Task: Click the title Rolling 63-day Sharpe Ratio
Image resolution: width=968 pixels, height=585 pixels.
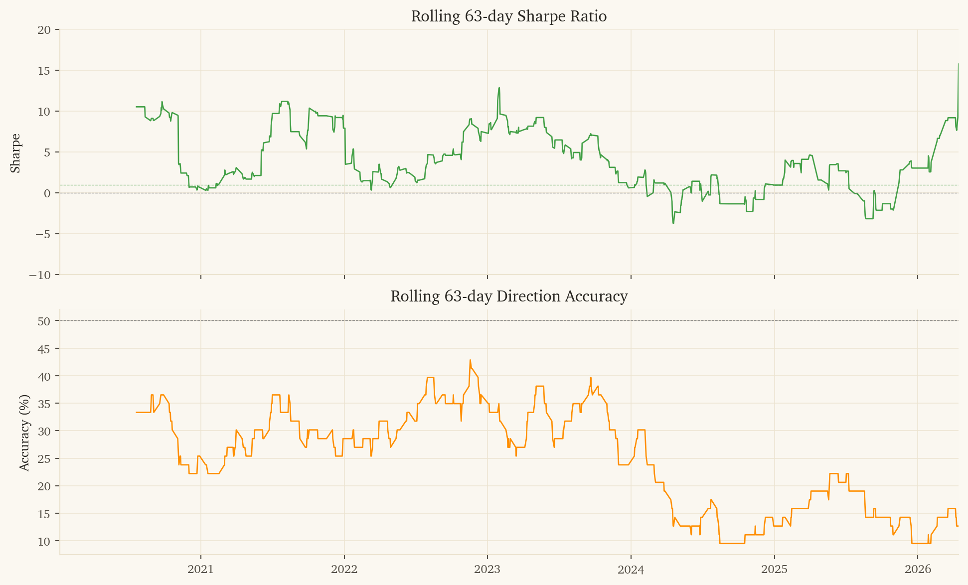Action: [508, 16]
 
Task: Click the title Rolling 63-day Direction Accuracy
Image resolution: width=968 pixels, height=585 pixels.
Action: [508, 296]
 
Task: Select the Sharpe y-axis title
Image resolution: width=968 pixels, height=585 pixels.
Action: [15, 153]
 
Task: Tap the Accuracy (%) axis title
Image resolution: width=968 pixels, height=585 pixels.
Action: [24, 433]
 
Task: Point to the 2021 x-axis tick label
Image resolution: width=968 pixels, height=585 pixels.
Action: [200, 570]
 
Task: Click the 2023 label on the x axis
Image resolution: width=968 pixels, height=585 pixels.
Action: [487, 570]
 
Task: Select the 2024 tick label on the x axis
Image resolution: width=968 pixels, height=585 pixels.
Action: [631, 570]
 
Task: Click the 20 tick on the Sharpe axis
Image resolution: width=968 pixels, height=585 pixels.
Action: [44, 30]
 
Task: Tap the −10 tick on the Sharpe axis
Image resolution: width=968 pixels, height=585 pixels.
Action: [40, 275]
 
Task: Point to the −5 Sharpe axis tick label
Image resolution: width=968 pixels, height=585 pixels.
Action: [42, 234]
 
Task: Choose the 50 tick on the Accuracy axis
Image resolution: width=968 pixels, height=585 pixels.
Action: [44, 321]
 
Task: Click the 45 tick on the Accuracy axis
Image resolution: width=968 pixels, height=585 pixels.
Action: [44, 349]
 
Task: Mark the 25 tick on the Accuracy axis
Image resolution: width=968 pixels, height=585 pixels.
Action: [44, 459]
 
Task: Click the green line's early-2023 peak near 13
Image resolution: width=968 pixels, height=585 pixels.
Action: [499, 88]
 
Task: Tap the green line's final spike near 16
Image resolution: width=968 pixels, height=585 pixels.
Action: [958, 64]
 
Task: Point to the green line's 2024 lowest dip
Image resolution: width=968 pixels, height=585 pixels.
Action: [673, 223]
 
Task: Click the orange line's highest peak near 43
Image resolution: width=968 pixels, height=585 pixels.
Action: [470, 360]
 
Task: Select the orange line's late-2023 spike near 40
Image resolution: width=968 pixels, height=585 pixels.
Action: [591, 378]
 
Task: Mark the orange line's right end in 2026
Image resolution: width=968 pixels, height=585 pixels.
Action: [958, 526]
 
